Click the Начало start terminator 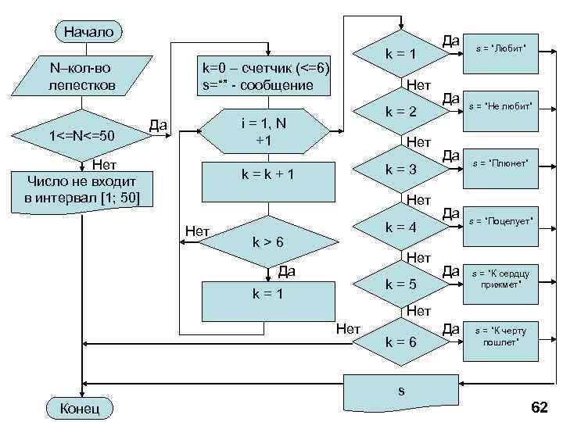point(88,32)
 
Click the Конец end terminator point(81,408)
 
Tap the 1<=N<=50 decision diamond point(81,137)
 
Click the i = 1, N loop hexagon point(260,131)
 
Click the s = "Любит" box point(501,48)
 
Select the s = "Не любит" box point(500,105)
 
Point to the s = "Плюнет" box point(500,163)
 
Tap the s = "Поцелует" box point(500,222)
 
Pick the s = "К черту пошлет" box point(500,337)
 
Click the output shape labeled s point(401,391)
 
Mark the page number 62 point(540,407)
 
